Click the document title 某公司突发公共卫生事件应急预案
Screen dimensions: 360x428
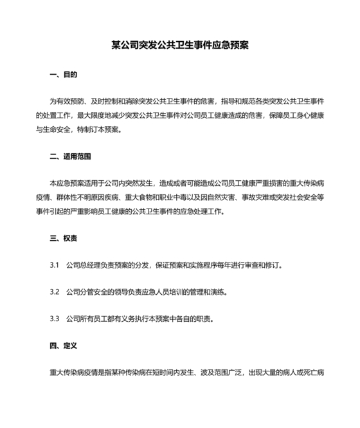point(179,46)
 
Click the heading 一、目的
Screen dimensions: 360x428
point(63,75)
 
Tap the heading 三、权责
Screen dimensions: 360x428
point(63,238)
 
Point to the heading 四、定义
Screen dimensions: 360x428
point(63,346)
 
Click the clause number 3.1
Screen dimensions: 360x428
point(55,265)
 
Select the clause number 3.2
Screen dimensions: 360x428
point(55,292)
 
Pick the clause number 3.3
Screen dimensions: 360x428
point(55,319)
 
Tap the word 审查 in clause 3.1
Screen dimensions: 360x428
point(252,265)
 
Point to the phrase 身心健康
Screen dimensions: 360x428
point(311,116)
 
